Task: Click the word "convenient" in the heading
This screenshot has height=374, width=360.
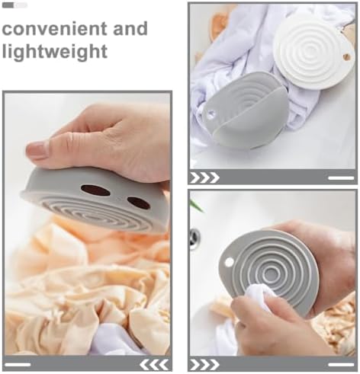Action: coord(54,29)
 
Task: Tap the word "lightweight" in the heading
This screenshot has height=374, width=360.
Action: coord(55,52)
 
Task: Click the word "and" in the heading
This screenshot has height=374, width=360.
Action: coord(130,28)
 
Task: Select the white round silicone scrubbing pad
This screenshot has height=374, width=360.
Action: coord(313,51)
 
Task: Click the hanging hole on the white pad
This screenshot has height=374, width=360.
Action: coord(346,57)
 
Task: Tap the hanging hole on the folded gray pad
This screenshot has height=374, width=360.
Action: coord(211,114)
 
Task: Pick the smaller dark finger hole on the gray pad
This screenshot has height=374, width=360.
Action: coord(139,203)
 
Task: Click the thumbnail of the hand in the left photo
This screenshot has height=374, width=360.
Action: coord(37,150)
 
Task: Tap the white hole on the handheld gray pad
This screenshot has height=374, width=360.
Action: coord(229,262)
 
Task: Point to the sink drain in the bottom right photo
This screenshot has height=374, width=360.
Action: coord(195,237)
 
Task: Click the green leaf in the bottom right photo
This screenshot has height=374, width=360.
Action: coord(197,206)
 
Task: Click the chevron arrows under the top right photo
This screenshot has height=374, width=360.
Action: coord(204,177)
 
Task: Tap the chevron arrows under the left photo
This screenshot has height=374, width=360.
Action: coord(154,365)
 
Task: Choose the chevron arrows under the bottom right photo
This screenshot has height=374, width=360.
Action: coord(204,365)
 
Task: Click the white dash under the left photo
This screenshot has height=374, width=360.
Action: coord(18,365)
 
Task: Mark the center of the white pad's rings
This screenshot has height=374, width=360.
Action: coord(313,47)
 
